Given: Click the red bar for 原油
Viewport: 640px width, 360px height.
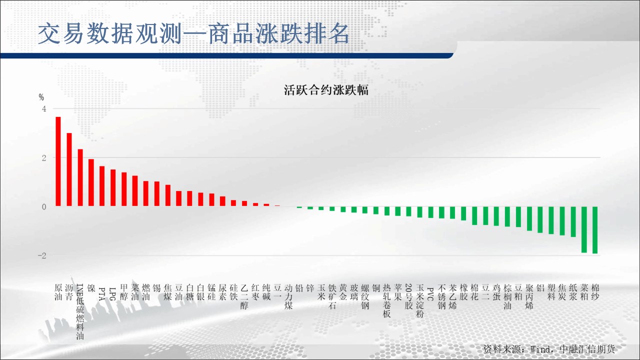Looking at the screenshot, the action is click(x=58, y=161).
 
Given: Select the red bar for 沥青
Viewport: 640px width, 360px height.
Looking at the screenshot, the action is click(x=69, y=169).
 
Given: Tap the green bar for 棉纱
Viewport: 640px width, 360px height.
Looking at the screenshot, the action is click(x=595, y=230).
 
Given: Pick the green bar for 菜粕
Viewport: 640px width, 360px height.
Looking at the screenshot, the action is click(x=584, y=229).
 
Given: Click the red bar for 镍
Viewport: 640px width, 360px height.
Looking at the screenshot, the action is click(x=91, y=182).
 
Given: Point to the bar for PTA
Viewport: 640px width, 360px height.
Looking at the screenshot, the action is click(x=102, y=186).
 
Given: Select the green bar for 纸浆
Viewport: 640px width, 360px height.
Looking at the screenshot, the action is click(x=573, y=221).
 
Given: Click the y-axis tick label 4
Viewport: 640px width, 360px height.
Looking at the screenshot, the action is click(x=44, y=109).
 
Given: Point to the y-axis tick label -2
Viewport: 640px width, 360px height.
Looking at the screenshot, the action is click(x=42, y=255).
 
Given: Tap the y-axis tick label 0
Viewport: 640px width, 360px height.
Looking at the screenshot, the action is click(x=44, y=207).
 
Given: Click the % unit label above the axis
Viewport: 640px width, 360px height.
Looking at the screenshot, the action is click(x=41, y=97).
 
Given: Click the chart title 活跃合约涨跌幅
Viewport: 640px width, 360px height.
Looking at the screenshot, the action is click(x=326, y=90).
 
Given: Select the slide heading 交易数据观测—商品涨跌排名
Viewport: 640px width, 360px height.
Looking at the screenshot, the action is click(x=193, y=34).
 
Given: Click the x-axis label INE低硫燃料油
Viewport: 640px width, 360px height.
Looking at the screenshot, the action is click(x=80, y=311).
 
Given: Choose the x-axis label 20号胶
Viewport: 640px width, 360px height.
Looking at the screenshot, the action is click(x=408, y=296).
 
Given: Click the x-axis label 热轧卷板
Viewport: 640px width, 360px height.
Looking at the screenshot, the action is click(x=386, y=301).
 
